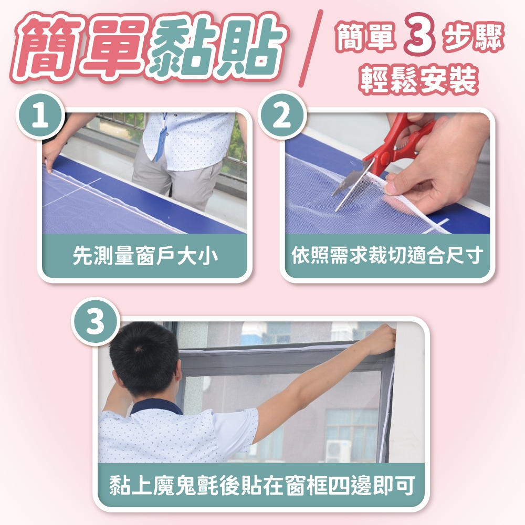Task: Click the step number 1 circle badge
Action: pos(40,115)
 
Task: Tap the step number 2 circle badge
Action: pos(282,115)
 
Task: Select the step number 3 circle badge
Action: pos(95,321)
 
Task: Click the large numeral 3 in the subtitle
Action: pos(420,34)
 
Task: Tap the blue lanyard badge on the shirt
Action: pos(162,140)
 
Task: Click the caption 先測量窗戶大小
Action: pos(145,256)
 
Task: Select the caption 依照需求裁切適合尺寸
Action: pos(387,256)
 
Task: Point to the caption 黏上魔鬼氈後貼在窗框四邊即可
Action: pos(262,485)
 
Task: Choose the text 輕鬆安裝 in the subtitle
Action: pos(419,80)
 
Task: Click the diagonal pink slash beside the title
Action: pos(311,48)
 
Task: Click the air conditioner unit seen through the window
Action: pos(338,450)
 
